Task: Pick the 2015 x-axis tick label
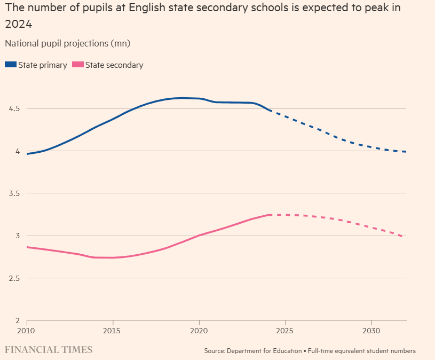pos(113,331)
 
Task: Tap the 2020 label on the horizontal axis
pos(199,331)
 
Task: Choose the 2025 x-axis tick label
pos(285,331)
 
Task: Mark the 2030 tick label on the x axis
pos(371,331)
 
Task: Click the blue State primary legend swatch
pos(11,65)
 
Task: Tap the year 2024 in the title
pos(17,25)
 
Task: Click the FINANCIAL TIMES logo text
pos(49,350)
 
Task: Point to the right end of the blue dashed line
pos(406,152)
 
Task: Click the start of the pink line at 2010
pos(27,247)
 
